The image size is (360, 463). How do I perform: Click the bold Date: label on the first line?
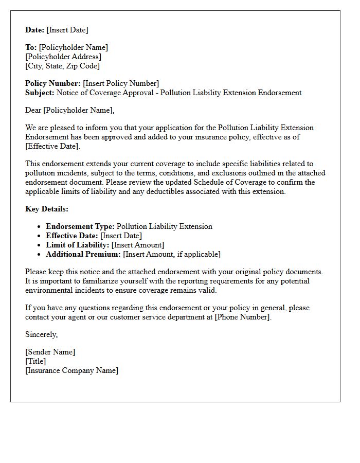click(35, 30)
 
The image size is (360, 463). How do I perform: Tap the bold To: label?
click(31, 47)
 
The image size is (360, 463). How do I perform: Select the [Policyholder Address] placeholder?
click(63, 57)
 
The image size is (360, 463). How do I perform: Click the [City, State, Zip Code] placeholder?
click(62, 66)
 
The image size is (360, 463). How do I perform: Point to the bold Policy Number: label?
click(53, 83)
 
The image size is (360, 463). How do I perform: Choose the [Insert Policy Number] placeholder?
click(121, 83)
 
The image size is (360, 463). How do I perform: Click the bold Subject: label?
click(40, 93)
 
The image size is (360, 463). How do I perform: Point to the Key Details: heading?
click(47, 209)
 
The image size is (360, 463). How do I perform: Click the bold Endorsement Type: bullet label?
click(80, 226)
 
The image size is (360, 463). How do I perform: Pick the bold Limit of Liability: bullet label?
click(78, 245)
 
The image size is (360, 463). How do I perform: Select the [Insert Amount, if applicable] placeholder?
click(172, 254)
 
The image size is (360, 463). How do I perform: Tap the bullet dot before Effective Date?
click(40, 236)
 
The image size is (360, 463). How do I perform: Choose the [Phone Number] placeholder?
click(242, 317)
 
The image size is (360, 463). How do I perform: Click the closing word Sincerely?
click(41, 334)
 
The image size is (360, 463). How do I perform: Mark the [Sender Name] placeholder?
click(50, 352)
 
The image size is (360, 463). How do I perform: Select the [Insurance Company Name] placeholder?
click(71, 370)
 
